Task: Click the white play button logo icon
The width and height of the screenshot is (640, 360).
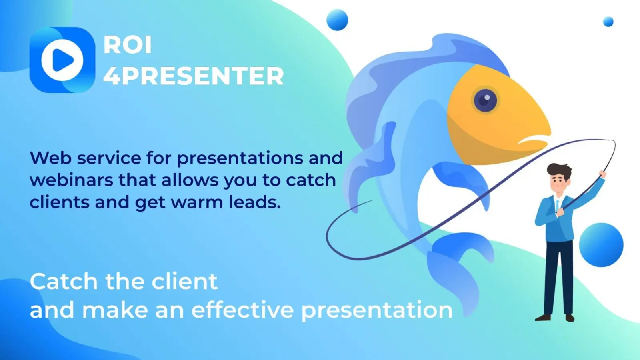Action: (x=62, y=60)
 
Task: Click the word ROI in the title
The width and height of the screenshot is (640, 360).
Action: (x=128, y=45)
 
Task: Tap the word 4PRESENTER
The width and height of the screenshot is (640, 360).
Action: (x=194, y=76)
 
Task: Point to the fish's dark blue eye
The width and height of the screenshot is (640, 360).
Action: (x=485, y=100)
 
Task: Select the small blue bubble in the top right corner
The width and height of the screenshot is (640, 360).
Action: (x=608, y=22)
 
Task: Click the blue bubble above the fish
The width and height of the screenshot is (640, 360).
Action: (x=337, y=20)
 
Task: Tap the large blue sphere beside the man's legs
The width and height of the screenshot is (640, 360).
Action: (x=601, y=245)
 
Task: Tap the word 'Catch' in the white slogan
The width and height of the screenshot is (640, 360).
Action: (x=64, y=282)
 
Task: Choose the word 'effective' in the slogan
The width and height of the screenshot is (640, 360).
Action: (x=242, y=310)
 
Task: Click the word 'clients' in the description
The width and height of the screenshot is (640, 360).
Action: (x=60, y=202)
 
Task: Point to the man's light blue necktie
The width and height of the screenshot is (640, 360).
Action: (x=558, y=205)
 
